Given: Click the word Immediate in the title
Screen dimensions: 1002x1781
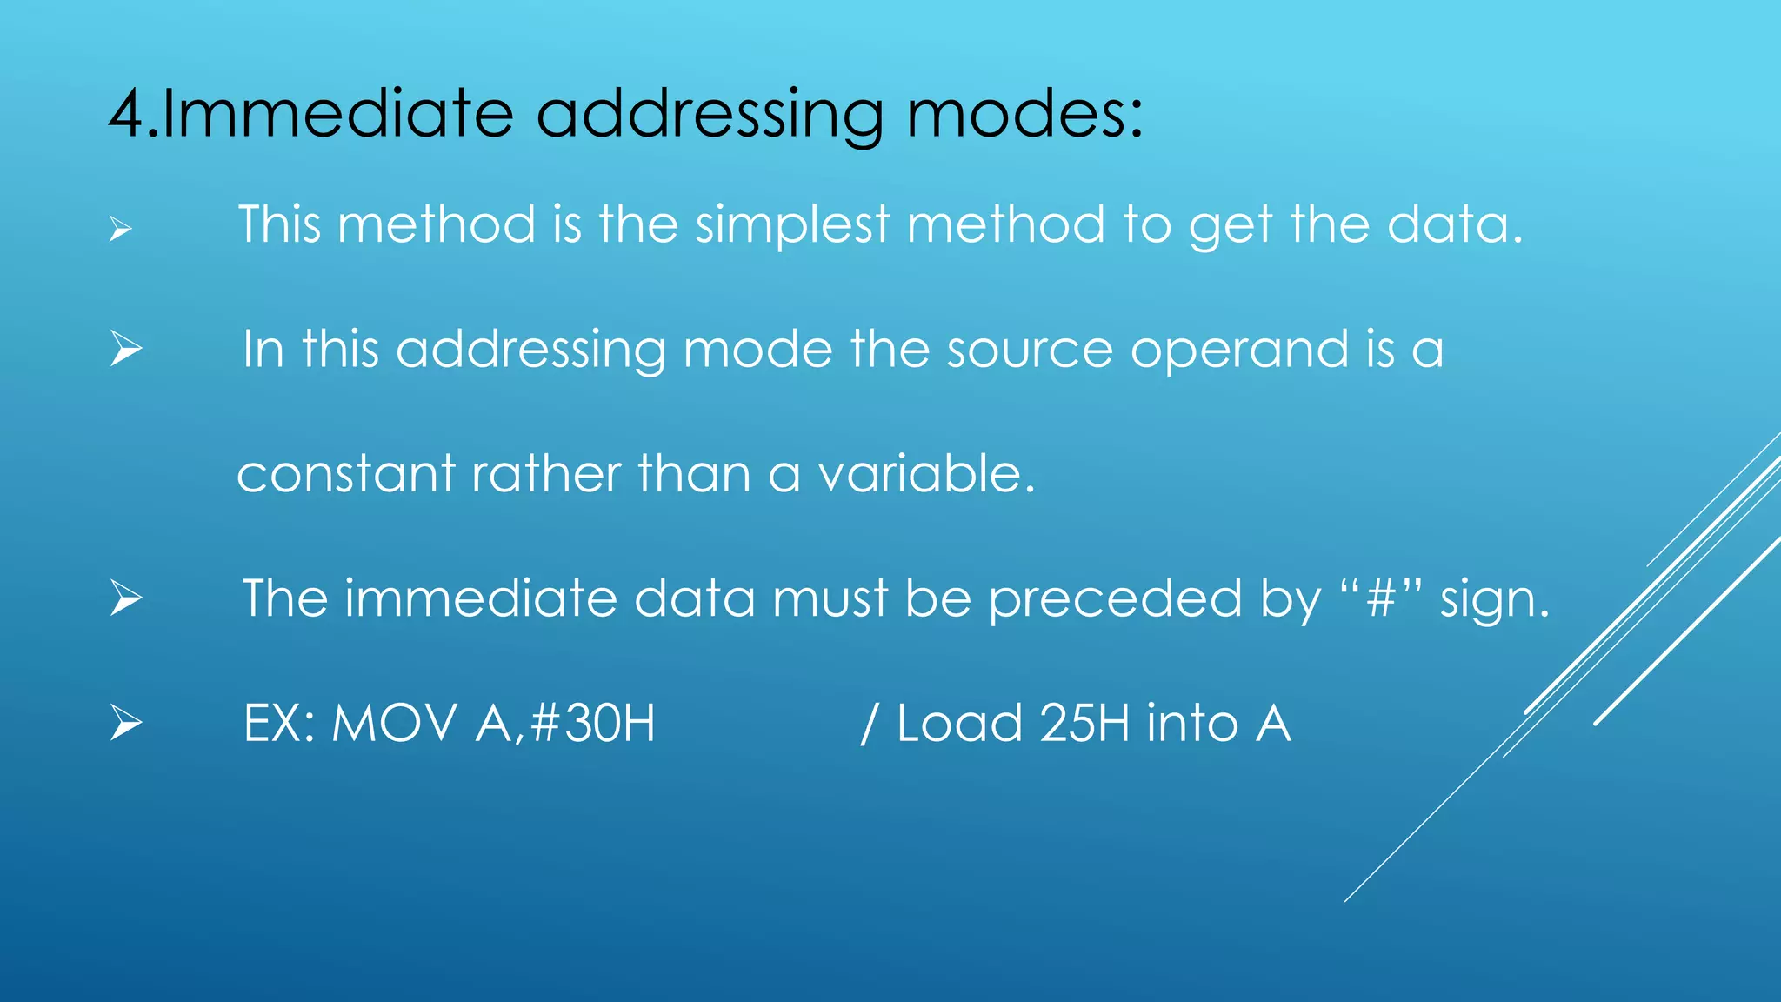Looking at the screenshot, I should [x=337, y=114].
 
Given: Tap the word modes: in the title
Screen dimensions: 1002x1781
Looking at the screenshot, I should [x=1024, y=114].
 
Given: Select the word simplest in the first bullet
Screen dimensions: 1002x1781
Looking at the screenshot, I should [x=792, y=224].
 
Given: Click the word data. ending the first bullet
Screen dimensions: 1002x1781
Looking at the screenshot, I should [x=1454, y=224].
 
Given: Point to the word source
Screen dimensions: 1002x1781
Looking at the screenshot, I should [x=1029, y=350].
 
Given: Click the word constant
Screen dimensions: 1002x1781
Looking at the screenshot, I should [x=345, y=475].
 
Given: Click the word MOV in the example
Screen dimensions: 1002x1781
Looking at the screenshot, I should [x=394, y=724].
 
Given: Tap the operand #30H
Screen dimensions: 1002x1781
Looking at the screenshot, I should [x=592, y=724].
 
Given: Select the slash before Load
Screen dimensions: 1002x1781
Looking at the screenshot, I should [x=867, y=724].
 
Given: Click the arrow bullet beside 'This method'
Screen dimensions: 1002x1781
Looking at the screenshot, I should [x=121, y=230].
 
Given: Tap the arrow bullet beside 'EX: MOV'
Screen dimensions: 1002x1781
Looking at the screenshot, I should [x=126, y=724].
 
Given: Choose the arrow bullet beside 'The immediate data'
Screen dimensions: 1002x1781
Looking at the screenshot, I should [x=126, y=599].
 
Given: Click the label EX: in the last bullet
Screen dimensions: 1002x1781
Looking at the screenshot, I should [x=278, y=724].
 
